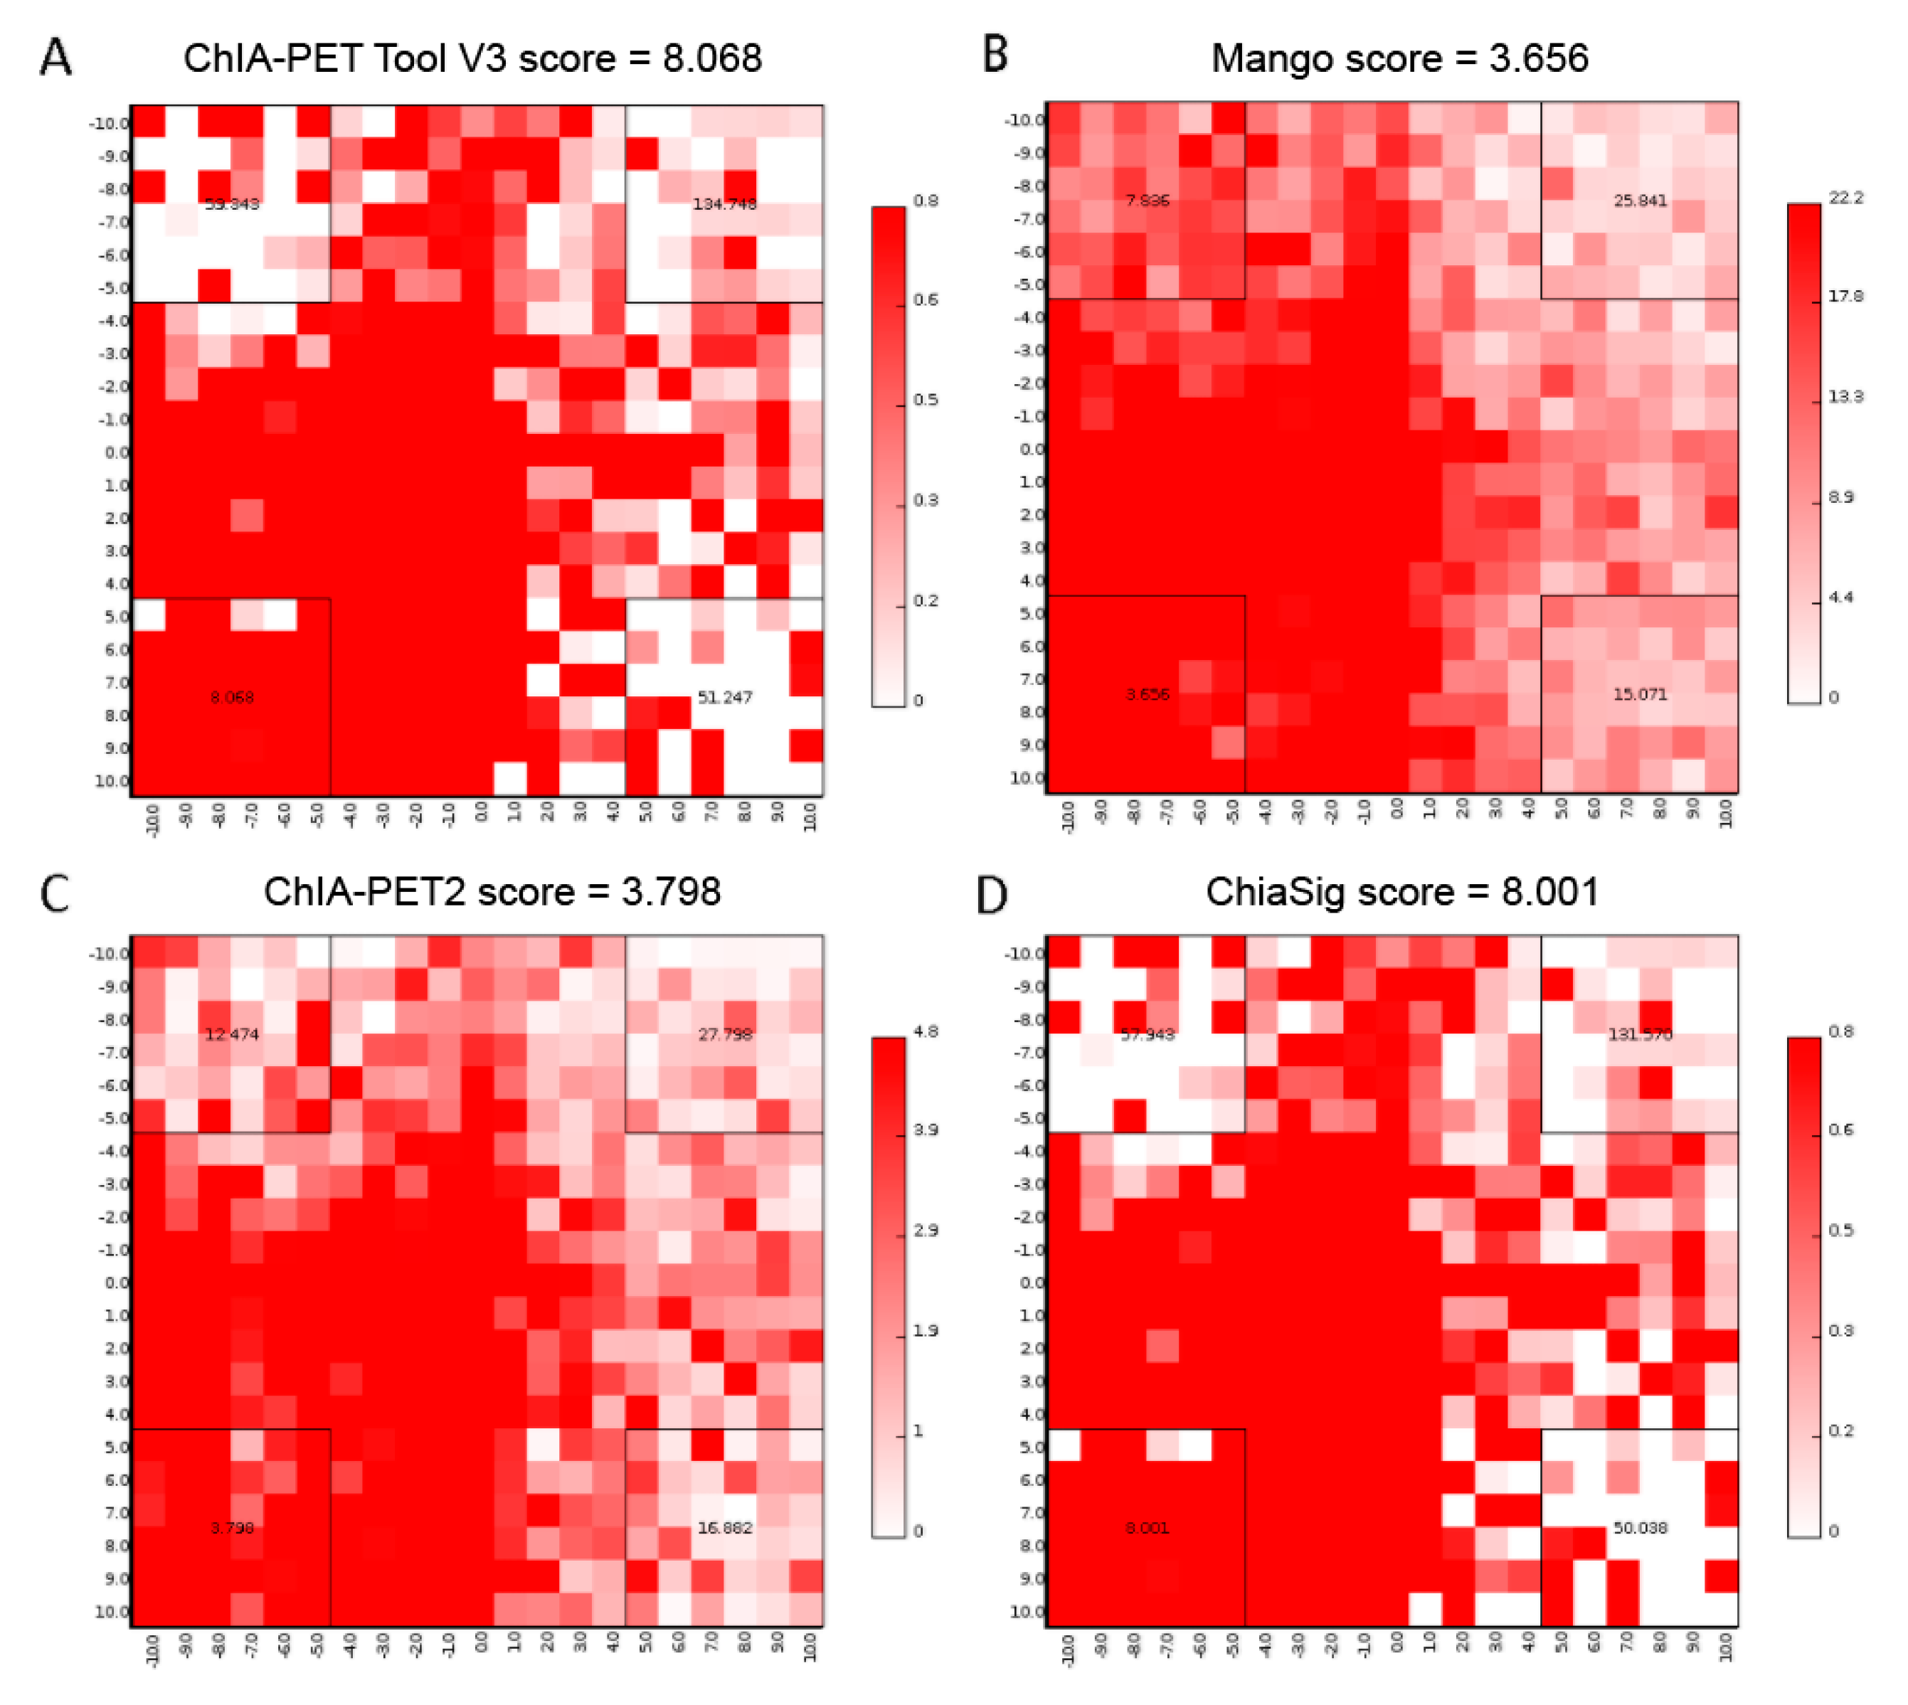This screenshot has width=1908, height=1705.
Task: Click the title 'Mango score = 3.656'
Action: pyautogui.click(x=1399, y=58)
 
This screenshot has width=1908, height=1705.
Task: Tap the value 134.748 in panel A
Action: pyautogui.click(x=724, y=203)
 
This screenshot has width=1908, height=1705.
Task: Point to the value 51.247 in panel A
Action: pyautogui.click(x=724, y=697)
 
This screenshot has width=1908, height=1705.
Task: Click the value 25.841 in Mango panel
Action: pyautogui.click(x=1639, y=200)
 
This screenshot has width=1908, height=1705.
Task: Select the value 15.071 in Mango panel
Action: pyautogui.click(x=1639, y=694)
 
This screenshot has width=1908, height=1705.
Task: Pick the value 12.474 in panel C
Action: pyautogui.click(x=231, y=1034)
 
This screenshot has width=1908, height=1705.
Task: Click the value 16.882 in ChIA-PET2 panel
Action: pyautogui.click(x=724, y=1528)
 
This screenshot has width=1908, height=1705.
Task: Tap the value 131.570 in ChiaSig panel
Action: pyautogui.click(x=1639, y=1034)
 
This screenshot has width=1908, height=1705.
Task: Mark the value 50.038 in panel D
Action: pyautogui.click(x=1639, y=1528)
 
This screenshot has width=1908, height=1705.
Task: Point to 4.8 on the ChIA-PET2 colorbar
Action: pyautogui.click(x=925, y=1031)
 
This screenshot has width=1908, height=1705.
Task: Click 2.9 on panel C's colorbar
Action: pyautogui.click(x=925, y=1230)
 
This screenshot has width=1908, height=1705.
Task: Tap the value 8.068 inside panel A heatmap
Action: pyautogui.click(x=231, y=697)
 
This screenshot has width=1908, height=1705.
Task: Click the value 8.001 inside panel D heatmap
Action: pyautogui.click(x=1146, y=1528)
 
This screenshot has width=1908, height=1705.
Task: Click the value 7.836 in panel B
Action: pyautogui.click(x=1146, y=200)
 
